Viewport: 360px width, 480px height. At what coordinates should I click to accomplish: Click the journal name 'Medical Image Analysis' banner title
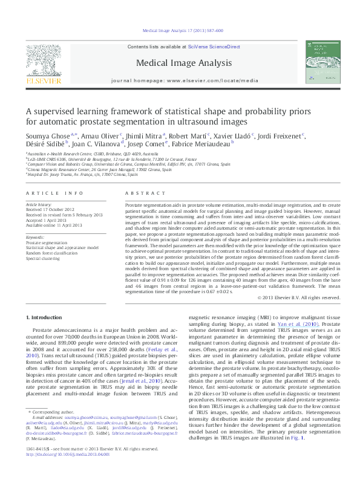tap(180, 63)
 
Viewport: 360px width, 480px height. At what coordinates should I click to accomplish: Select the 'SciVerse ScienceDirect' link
tap(214, 47)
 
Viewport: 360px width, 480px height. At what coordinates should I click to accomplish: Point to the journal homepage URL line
tap(180, 80)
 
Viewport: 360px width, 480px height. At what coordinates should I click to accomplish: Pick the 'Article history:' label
tap(39, 206)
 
